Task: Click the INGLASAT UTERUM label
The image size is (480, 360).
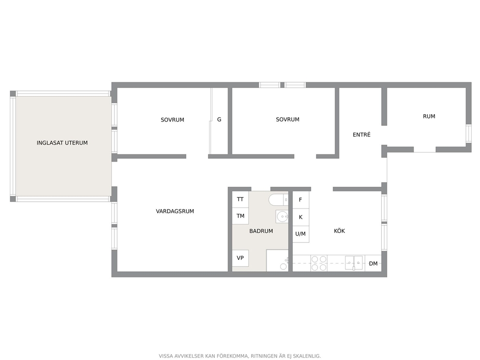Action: click(62, 143)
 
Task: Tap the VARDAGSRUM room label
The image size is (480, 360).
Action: click(175, 211)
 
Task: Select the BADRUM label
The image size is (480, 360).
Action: click(261, 231)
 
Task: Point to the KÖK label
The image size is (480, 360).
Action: click(339, 230)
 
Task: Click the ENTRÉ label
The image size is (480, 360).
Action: click(361, 135)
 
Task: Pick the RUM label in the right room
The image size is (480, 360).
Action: click(429, 116)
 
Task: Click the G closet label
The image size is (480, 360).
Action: click(219, 120)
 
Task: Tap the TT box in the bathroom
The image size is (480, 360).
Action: click(240, 199)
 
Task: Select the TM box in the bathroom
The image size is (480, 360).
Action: click(240, 216)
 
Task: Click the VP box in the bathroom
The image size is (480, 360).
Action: click(240, 258)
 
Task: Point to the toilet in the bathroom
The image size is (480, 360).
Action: click(278, 200)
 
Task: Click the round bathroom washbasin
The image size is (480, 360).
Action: click(282, 217)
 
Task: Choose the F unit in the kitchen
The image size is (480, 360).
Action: click(300, 200)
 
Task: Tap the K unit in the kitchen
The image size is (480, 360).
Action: click(300, 217)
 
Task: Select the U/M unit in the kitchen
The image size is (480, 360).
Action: click(300, 234)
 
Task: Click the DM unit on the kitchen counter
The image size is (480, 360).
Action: click(373, 263)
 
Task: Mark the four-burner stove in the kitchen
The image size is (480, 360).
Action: click(319, 263)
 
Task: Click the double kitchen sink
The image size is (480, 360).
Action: click(354, 263)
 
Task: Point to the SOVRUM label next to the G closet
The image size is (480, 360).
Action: click(172, 120)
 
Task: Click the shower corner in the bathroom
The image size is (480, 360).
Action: click(277, 260)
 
